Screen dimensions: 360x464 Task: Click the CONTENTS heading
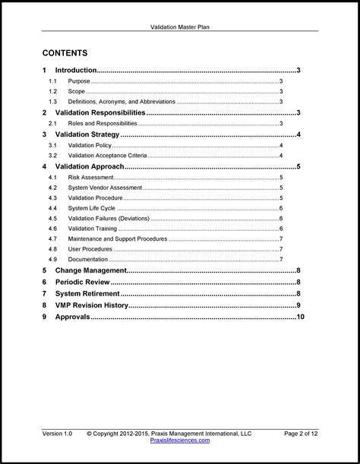click(x=65, y=53)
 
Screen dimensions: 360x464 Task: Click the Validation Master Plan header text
click(x=179, y=26)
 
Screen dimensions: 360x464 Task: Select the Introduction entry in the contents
click(x=76, y=70)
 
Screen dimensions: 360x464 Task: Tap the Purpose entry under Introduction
click(x=79, y=81)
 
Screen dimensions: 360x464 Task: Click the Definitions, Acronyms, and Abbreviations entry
click(x=121, y=102)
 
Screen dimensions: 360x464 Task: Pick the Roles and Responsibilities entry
click(x=103, y=123)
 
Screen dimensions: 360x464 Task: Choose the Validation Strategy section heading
click(x=87, y=134)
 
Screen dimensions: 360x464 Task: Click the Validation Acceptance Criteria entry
click(x=108, y=156)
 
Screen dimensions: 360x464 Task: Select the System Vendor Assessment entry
click(x=104, y=188)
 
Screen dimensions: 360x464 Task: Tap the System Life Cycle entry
click(x=91, y=208)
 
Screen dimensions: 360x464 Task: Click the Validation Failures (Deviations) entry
click(x=109, y=219)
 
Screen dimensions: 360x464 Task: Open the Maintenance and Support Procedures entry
click(x=117, y=239)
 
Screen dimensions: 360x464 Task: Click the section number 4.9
click(x=52, y=260)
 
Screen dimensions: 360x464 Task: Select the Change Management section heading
click(x=90, y=270)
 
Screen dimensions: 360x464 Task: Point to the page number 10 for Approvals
click(x=300, y=317)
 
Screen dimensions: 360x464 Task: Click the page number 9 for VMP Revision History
click(x=298, y=305)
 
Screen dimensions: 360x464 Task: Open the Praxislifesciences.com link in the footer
click(x=179, y=440)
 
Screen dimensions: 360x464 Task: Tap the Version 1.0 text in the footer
click(x=57, y=434)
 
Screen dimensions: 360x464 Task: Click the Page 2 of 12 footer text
click(x=301, y=434)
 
